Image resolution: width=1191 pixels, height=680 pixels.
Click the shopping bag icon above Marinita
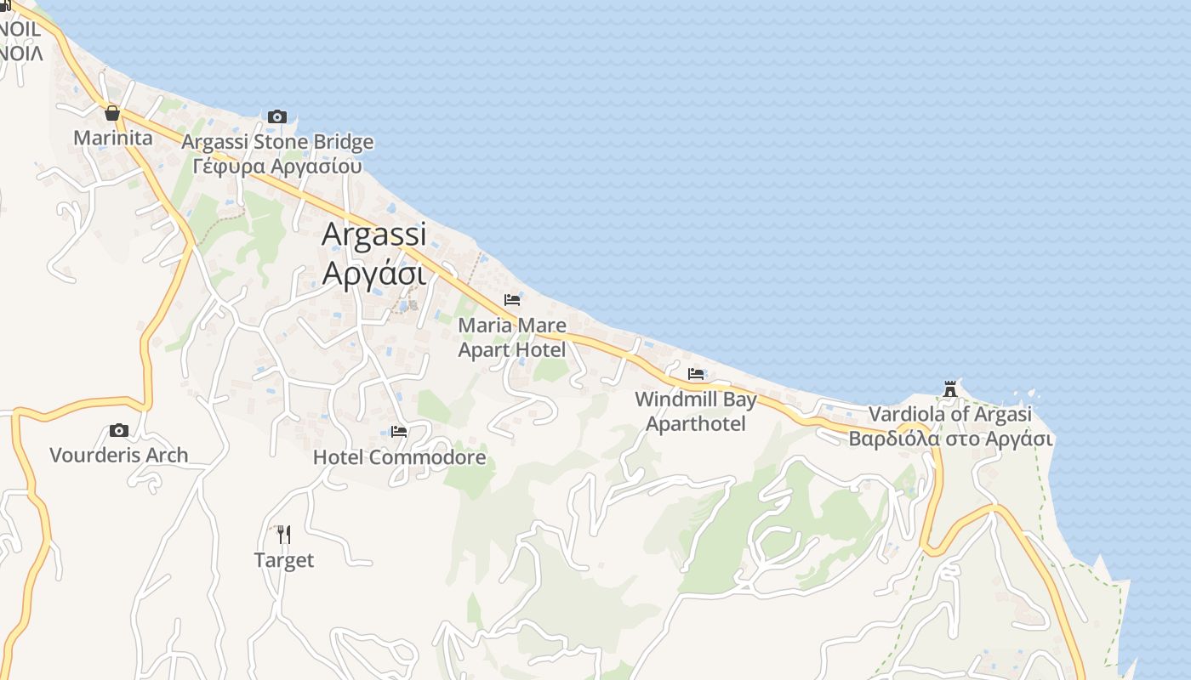coord(111,113)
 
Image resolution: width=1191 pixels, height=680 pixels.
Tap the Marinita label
coord(113,138)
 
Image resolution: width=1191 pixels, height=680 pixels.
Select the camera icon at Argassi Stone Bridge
coord(277,116)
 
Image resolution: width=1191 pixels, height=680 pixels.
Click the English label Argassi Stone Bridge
coord(277,141)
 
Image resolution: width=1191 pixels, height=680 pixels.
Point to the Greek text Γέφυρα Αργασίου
coord(277,166)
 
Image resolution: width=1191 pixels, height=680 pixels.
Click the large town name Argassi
coord(374,235)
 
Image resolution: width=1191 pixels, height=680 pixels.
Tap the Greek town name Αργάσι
coord(374,274)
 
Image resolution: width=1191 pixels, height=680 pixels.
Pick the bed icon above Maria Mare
coord(512,300)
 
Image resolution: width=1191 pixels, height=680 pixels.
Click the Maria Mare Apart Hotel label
coord(512,337)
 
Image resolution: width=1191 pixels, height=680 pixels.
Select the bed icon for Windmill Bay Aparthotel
coord(696,374)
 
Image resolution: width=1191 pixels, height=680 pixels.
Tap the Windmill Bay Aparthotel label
coord(696,411)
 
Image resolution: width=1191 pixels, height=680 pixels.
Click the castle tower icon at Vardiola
coord(950,389)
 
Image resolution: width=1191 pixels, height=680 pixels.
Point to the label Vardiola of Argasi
coord(950,414)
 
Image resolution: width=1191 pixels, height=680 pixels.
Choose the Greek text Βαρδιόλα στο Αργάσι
coord(950,439)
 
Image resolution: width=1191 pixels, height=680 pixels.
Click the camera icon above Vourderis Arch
coord(119,430)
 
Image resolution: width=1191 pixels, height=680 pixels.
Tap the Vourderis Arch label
coord(119,455)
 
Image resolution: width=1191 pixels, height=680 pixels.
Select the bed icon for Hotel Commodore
coord(399,432)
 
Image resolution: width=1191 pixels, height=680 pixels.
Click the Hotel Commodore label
coord(400,457)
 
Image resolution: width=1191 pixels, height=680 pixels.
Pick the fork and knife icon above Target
coord(284,535)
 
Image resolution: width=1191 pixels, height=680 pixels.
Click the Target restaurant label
coord(284,560)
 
